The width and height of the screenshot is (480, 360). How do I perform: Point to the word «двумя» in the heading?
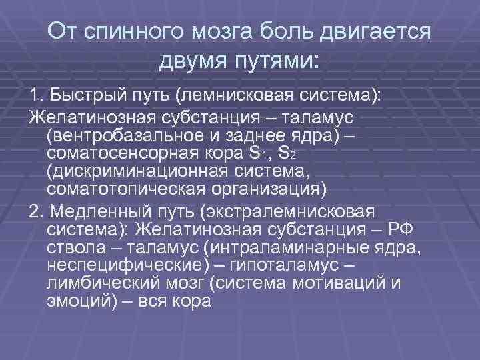[193, 62]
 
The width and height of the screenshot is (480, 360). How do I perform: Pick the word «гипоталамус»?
[307, 265]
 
